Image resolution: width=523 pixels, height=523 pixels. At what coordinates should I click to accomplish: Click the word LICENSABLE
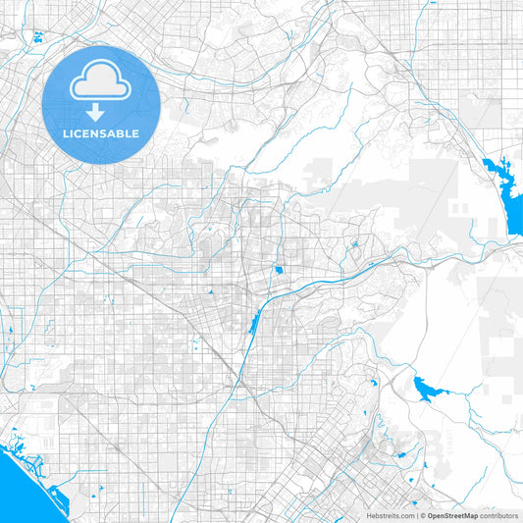[x=101, y=133]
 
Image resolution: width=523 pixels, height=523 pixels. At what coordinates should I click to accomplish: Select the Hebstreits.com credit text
[x=390, y=515]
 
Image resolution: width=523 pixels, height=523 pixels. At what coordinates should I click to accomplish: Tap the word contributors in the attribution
[x=499, y=515]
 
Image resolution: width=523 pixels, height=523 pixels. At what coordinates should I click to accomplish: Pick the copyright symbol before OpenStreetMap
[x=422, y=515]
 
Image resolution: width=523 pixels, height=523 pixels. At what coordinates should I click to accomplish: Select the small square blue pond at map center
[x=279, y=270]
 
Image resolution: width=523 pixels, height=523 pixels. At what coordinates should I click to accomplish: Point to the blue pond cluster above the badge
[x=38, y=37]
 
